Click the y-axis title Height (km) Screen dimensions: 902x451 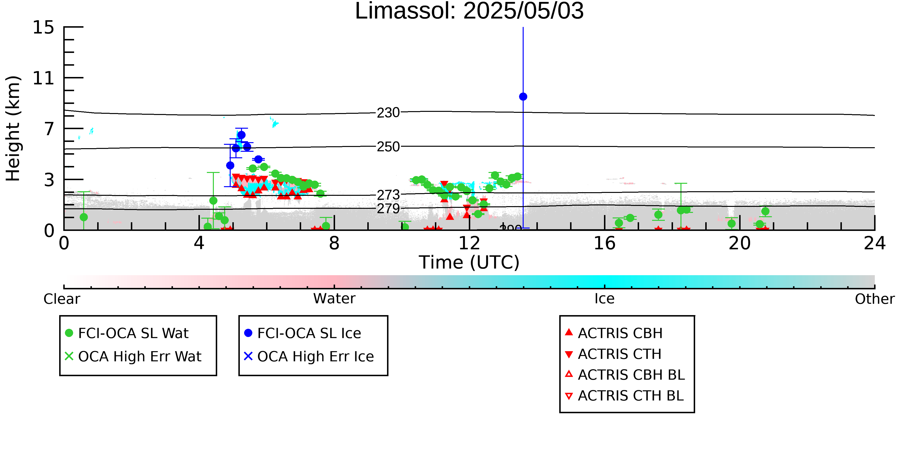click(13, 128)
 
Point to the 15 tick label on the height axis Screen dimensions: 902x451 click(44, 27)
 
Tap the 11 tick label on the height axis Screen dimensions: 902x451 click(44, 78)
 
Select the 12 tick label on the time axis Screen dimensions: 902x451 click(469, 243)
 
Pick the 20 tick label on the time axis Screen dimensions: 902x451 click(740, 243)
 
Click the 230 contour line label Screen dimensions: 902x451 click(388, 113)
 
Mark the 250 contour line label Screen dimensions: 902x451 click(388, 147)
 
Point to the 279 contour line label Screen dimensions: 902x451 click(388, 209)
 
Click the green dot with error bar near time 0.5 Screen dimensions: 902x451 click(84, 217)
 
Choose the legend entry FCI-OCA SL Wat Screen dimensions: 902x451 click(127, 333)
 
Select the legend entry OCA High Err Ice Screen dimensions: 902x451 click(309, 356)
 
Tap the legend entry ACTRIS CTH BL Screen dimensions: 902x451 click(624, 396)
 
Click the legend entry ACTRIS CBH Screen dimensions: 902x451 click(614, 333)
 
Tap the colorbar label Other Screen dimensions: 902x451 click(875, 299)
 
